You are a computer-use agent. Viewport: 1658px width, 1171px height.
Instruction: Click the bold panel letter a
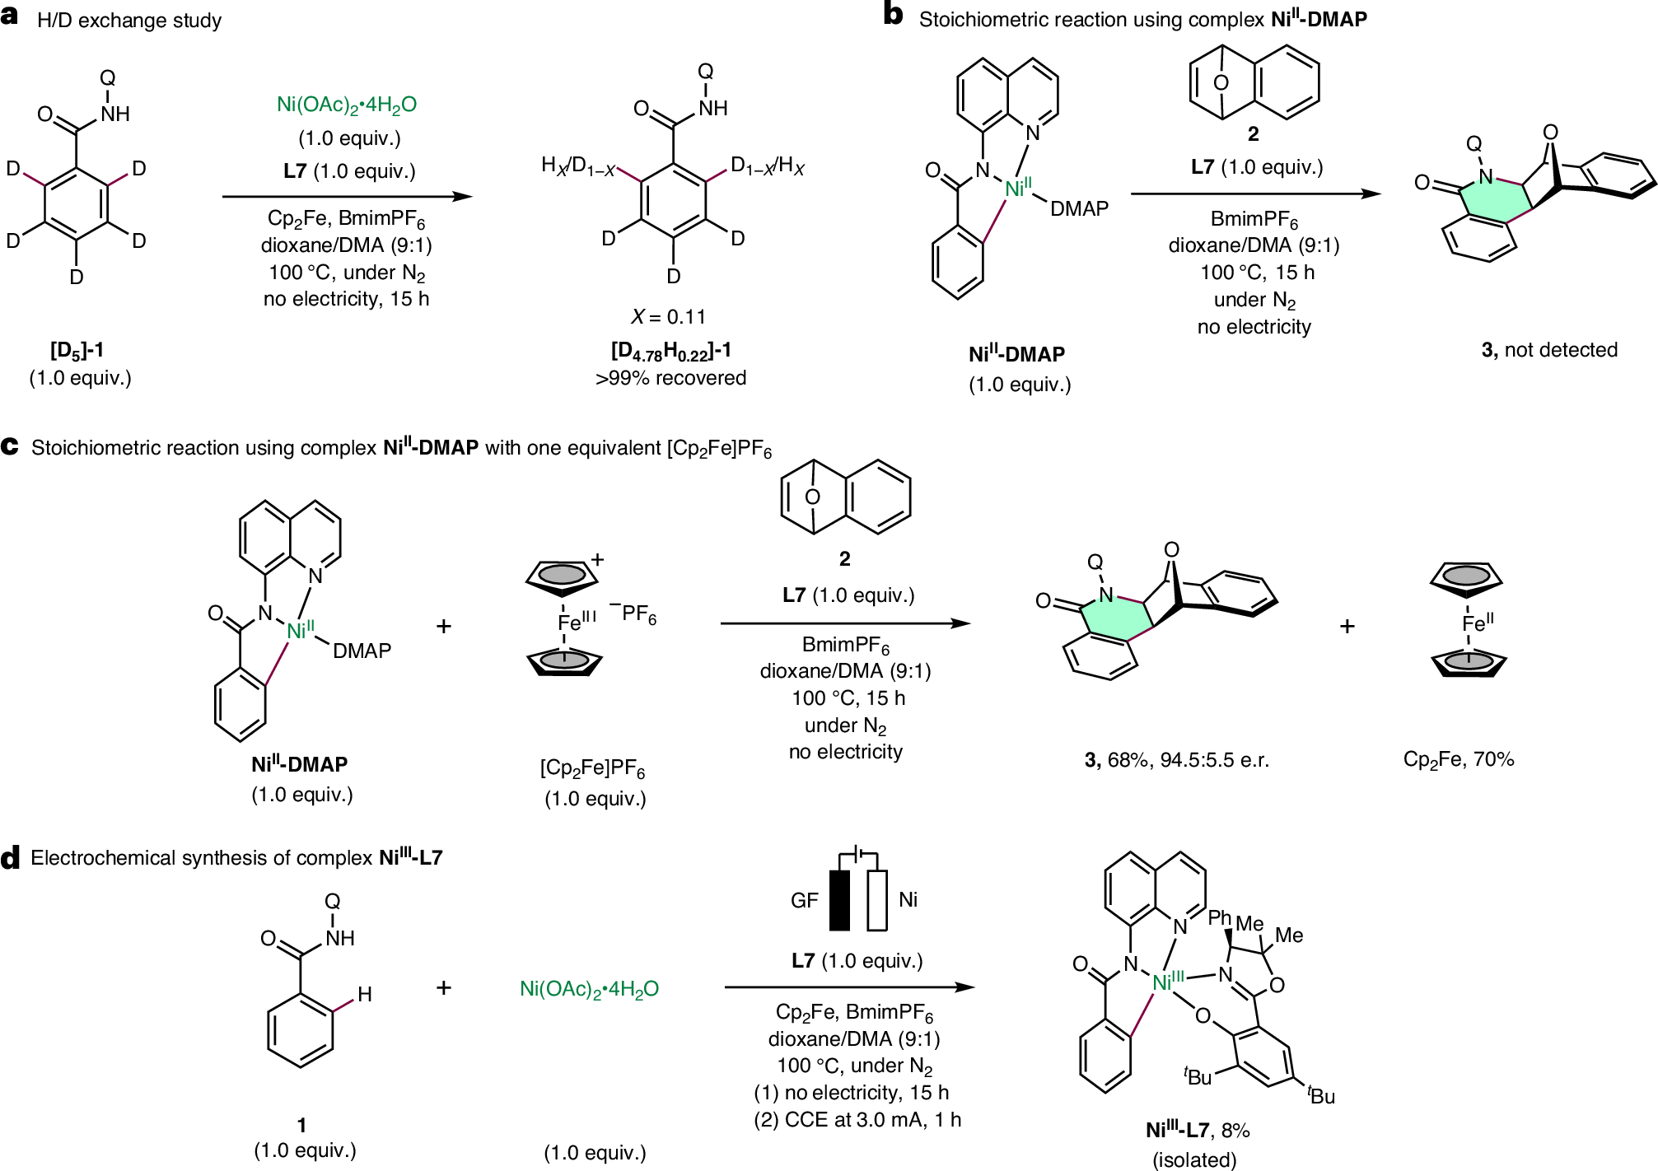point(10,16)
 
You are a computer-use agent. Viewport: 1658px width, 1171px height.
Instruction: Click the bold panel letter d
point(10,858)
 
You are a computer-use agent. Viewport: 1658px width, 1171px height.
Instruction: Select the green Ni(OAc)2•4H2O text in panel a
point(347,105)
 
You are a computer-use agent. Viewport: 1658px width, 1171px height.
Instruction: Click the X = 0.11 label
point(668,317)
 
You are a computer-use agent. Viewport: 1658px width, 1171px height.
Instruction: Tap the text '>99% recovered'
point(670,378)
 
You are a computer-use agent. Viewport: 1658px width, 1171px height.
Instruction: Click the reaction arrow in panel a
point(347,196)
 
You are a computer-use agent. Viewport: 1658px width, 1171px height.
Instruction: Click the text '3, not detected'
point(1548,350)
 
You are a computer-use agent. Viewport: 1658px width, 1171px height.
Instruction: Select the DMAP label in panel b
point(1079,209)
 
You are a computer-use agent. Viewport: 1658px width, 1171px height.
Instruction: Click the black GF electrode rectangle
point(839,900)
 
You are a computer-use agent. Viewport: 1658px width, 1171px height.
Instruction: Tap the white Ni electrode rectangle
point(877,900)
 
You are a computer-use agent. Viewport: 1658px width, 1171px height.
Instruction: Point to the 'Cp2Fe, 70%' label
point(1458,759)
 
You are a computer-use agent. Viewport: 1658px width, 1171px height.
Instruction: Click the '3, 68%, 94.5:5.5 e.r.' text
point(1176,760)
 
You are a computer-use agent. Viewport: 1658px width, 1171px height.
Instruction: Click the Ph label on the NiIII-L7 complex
point(1219,918)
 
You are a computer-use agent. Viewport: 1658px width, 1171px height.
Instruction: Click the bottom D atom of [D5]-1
point(77,278)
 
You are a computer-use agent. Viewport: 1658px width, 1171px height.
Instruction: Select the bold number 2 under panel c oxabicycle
point(844,559)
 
